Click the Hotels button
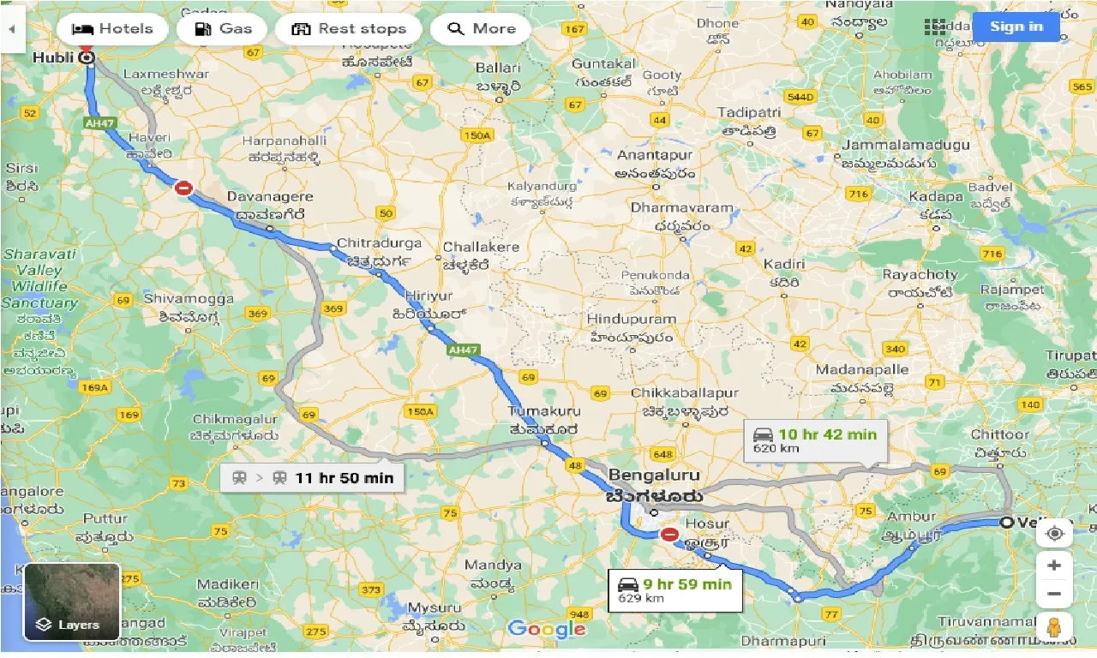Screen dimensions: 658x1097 [x=111, y=28]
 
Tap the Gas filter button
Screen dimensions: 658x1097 [x=223, y=28]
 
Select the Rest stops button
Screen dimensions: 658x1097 [x=348, y=28]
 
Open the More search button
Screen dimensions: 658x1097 [x=481, y=28]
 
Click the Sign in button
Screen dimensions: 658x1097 [x=1016, y=27]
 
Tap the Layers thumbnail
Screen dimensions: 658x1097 [x=72, y=601]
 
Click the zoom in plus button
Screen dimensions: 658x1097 [x=1054, y=565]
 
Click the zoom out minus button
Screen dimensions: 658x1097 [x=1054, y=594]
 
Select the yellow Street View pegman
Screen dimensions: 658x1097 [x=1054, y=628]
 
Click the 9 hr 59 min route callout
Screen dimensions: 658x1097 [x=675, y=590]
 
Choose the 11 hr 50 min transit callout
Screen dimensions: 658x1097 [x=311, y=478]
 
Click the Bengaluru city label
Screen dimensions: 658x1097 [x=654, y=476]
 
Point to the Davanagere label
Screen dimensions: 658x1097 [x=266, y=197]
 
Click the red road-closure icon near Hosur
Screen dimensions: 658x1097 [x=669, y=535]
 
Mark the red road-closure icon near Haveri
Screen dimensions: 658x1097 [x=183, y=188]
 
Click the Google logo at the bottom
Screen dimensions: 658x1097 [x=546, y=630]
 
